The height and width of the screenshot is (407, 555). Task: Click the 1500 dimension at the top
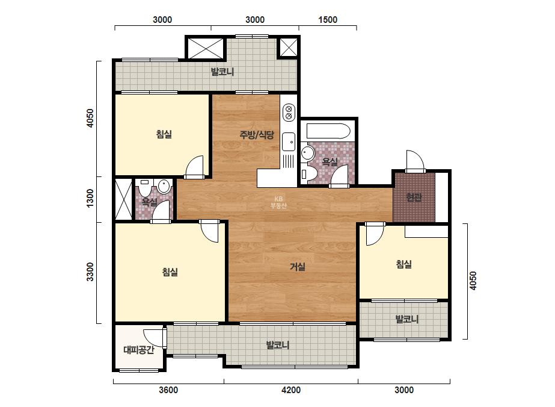[x=328, y=19]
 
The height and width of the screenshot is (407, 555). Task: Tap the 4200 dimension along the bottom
[x=291, y=390]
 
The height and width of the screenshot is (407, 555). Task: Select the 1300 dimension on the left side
[x=91, y=199]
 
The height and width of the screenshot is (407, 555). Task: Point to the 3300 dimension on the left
[x=91, y=272]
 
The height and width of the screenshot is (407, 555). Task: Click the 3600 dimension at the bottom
[x=168, y=390]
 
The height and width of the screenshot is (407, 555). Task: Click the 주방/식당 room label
[x=257, y=134]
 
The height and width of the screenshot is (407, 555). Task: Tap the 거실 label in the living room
[x=297, y=267]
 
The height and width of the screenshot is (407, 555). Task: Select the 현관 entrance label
[x=414, y=197]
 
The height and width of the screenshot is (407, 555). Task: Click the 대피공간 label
[x=139, y=350]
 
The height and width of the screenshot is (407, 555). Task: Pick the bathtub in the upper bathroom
[x=328, y=131]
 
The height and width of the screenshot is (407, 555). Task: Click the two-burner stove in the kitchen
[x=289, y=112]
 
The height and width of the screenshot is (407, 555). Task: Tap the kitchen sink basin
[x=289, y=142]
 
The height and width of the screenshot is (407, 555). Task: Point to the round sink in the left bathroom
[x=164, y=187]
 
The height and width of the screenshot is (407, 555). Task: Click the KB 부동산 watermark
[x=278, y=202]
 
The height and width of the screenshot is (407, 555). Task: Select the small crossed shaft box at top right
[x=289, y=47]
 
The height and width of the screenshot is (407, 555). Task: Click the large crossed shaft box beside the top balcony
[x=206, y=48]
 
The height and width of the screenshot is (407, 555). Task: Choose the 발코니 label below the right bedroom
[x=406, y=319]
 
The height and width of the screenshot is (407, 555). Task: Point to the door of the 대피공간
[x=155, y=338]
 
